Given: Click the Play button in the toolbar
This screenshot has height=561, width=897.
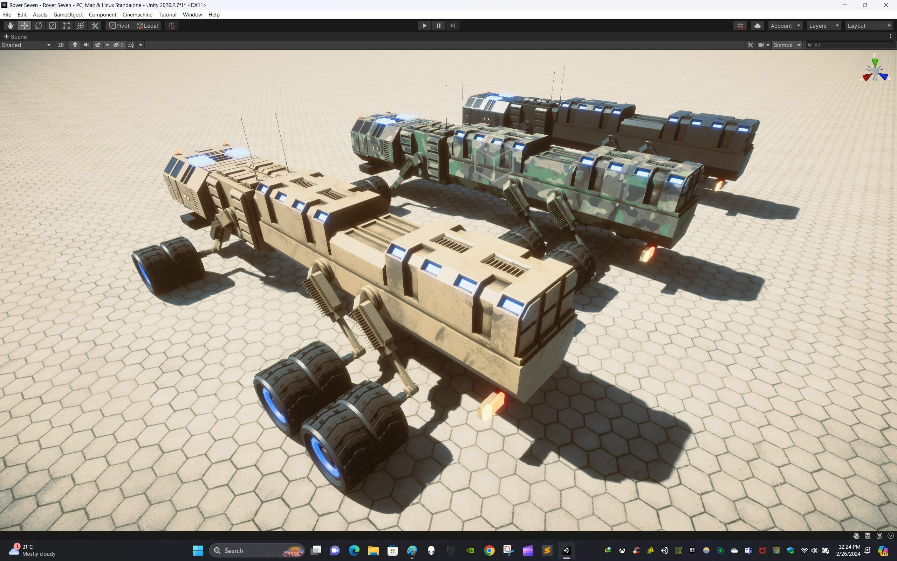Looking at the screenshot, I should coord(424,26).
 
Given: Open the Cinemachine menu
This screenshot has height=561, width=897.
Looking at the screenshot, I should coord(137,14).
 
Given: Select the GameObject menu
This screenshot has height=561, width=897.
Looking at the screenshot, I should coord(68,14).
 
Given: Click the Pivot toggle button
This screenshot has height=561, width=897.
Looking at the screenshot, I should coord(119,26).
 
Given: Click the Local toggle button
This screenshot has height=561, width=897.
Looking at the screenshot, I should coord(148,26).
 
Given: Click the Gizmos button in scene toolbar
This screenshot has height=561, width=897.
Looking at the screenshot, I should coord(782,45).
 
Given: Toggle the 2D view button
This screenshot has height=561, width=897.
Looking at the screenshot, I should coord(61,45).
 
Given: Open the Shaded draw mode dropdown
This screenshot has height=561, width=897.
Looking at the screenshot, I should coord(26,45).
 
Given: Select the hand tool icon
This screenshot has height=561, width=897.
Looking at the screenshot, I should coord(11,26).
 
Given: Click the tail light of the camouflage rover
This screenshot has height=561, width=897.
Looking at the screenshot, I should coord(647,254).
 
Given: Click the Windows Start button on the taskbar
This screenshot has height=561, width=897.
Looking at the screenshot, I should coord(198,550).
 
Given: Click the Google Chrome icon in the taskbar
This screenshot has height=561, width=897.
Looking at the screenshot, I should coord(489,550).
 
